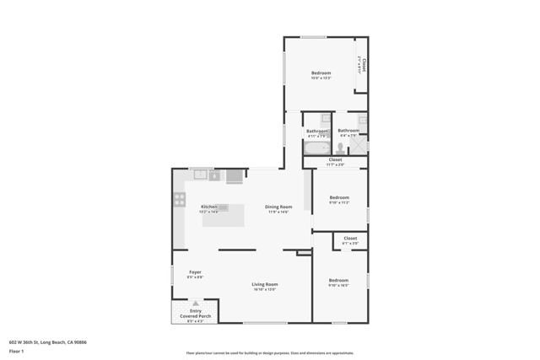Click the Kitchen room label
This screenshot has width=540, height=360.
(x=208, y=208)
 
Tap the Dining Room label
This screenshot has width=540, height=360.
(x=278, y=208)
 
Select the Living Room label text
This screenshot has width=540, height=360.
(x=265, y=286)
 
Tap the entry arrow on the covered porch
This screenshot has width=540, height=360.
(x=196, y=303)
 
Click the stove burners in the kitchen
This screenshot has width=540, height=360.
(x=180, y=200)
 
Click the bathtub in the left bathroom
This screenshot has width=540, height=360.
(x=317, y=148)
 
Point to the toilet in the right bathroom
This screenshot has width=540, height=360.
(x=341, y=148)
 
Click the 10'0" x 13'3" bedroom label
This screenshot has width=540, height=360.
(x=321, y=75)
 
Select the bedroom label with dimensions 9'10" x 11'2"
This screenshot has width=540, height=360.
(x=338, y=199)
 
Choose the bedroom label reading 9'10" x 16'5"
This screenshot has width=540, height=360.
(x=338, y=282)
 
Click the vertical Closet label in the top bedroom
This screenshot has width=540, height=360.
(x=362, y=64)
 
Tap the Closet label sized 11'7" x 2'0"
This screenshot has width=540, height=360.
(x=335, y=161)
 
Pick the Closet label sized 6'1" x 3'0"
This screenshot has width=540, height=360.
(x=350, y=240)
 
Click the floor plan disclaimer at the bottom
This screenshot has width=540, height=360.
(x=270, y=353)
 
